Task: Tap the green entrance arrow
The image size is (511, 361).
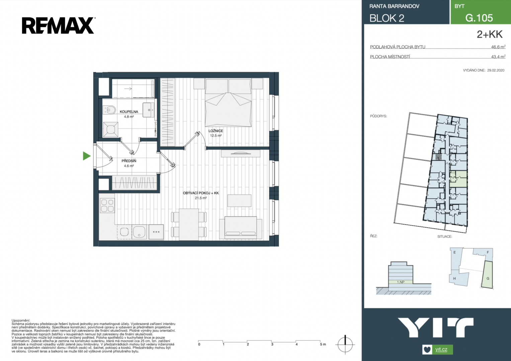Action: tap(87, 156)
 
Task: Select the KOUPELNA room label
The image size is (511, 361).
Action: tap(129, 112)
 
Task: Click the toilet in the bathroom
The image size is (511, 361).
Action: tap(109, 110)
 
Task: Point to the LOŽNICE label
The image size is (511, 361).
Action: tap(216, 131)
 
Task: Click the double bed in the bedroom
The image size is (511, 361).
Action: tap(228, 103)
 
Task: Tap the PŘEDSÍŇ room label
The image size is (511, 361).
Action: tap(129, 161)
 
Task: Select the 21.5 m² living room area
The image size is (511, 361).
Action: tap(201, 198)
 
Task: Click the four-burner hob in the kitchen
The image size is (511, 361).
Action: tap(107, 206)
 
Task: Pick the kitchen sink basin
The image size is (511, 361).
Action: tap(140, 232)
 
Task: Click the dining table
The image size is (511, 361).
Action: tap(189, 225)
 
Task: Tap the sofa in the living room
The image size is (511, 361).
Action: tap(241, 227)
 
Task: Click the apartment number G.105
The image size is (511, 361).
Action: tap(479, 18)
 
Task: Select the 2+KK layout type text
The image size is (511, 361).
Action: tap(490, 34)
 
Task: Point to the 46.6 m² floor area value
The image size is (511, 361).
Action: tap(498, 47)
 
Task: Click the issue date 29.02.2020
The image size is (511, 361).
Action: tap(496, 71)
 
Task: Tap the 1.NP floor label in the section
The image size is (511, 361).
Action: tap(401, 282)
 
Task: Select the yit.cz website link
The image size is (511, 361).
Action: tap(441, 349)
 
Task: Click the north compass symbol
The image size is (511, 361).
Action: tap(345, 344)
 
